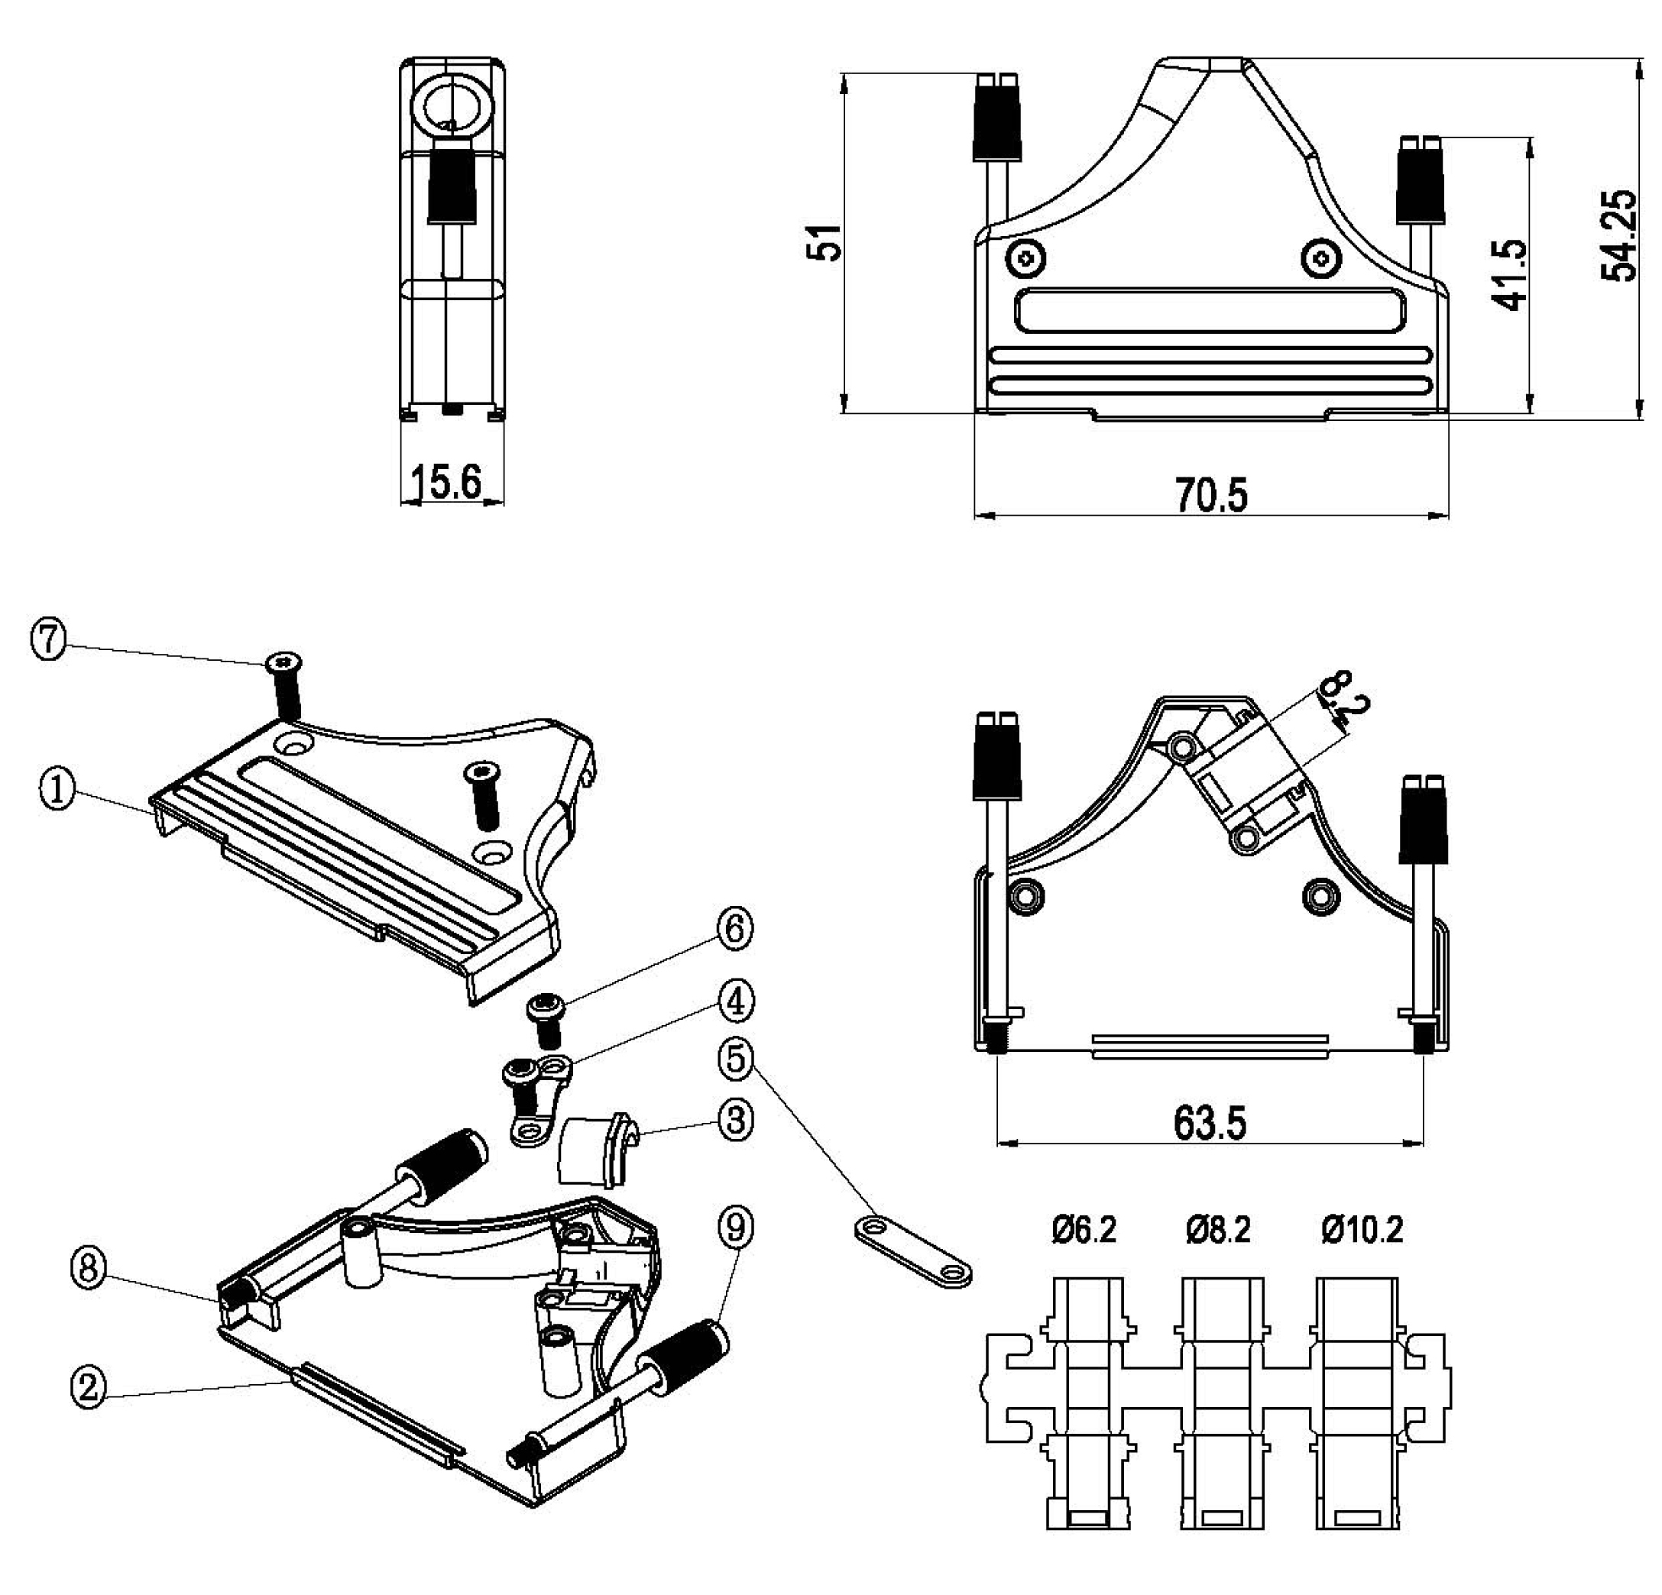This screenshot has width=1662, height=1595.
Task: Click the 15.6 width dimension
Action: pos(446,481)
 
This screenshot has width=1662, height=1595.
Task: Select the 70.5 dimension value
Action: pos(1211,495)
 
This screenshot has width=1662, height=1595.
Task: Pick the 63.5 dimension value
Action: pos(1210,1123)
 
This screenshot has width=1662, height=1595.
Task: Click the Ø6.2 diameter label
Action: pos(1084,1230)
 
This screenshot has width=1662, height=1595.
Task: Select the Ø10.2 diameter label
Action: pos(1362,1230)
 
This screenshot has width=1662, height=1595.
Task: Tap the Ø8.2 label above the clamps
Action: pos(1219,1230)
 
